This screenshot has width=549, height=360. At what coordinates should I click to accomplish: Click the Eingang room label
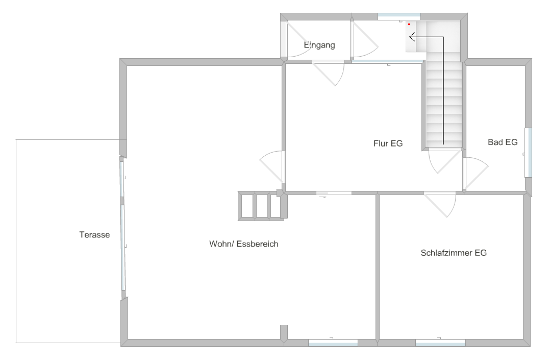click(x=319, y=45)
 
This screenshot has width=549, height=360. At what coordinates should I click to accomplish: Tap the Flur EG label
click(x=388, y=143)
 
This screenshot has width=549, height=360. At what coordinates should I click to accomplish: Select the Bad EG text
click(x=503, y=142)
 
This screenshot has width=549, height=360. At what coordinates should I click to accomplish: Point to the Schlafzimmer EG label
click(x=454, y=253)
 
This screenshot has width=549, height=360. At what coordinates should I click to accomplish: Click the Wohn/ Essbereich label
click(x=244, y=244)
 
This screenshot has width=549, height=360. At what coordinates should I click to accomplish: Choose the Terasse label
click(x=94, y=235)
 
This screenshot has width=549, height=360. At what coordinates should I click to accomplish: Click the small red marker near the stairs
click(x=409, y=24)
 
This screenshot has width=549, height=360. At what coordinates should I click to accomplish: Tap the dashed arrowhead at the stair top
click(x=412, y=36)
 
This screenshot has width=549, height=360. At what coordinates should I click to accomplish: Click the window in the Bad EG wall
click(x=528, y=153)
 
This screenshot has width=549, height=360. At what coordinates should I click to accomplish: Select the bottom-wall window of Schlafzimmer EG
click(x=440, y=343)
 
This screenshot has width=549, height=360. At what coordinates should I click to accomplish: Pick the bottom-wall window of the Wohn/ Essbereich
click(x=333, y=343)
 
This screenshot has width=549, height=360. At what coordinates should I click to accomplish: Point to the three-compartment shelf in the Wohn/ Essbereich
click(x=261, y=206)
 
